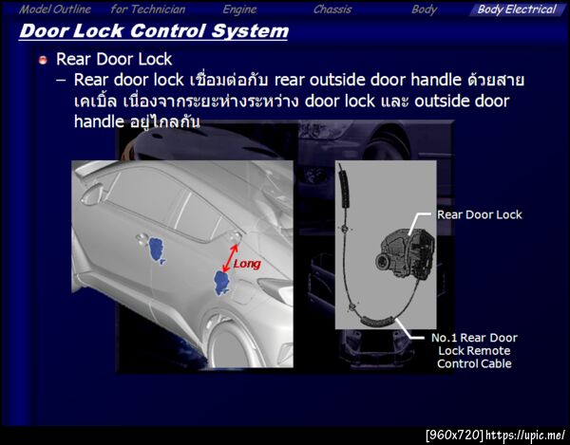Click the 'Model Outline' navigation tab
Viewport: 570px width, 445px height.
tap(55, 9)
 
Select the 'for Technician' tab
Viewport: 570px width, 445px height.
tap(148, 9)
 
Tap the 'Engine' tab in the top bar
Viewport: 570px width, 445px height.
tap(239, 9)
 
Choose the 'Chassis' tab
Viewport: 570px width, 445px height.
tap(332, 9)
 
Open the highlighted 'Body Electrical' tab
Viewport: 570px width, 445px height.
tap(517, 9)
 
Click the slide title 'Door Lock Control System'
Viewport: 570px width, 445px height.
tap(154, 31)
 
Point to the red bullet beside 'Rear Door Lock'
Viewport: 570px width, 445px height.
tap(43, 60)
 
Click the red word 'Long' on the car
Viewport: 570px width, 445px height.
tap(247, 264)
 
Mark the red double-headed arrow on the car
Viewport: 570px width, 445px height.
tap(230, 258)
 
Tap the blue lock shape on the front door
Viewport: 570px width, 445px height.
tap(157, 250)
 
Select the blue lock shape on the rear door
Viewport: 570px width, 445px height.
tap(221, 282)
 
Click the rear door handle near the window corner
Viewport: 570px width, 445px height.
tap(234, 237)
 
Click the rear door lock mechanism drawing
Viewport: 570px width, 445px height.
tap(405, 254)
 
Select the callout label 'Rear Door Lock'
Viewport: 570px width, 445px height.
tap(479, 214)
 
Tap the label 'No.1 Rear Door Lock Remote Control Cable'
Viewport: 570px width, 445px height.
tap(474, 351)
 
